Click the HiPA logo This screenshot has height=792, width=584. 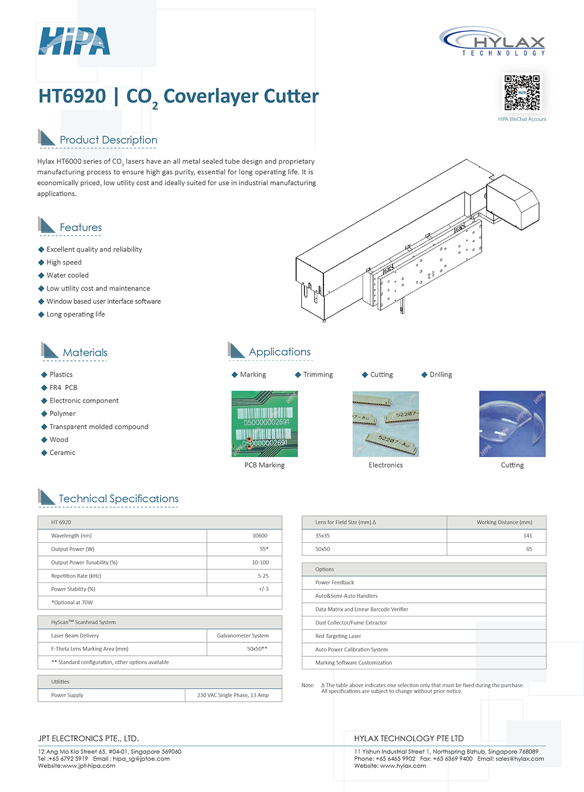coord(74,41)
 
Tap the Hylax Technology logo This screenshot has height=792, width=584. coord(493,41)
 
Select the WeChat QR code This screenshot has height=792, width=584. coord(522,92)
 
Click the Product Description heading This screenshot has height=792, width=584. coord(108,140)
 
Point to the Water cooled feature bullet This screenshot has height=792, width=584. coord(67,276)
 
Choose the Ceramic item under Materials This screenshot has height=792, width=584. coord(62,453)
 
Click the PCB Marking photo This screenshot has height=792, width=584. coord(264,424)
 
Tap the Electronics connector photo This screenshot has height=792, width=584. coord(386,424)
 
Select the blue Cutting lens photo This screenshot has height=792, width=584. coord(512,424)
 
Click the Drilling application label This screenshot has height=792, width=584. coord(440,374)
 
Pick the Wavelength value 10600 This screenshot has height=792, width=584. coord(260,536)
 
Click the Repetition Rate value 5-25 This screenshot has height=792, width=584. coord(263,576)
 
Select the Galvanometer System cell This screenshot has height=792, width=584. coord(243,636)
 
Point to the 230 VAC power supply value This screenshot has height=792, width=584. coord(233,695)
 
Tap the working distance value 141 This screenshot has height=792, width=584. coord(528,536)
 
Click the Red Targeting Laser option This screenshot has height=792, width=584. coord(338,636)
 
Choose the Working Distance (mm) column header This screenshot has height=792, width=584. coord(504,522)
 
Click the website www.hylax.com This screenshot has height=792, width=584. coord(403,766)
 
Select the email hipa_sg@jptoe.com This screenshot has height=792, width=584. coord(141,759)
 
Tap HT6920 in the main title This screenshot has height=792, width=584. coord(72,96)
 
